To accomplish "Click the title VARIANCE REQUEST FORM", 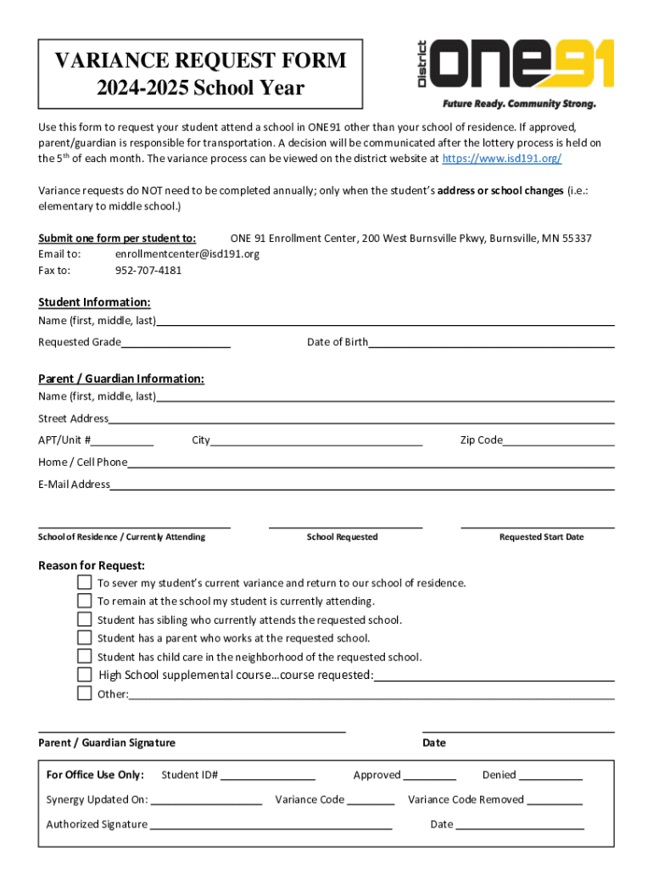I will (200, 61).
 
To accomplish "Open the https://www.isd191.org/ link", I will (502, 159).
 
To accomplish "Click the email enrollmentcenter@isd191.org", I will (187, 254).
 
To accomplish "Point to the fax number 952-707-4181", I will (148, 271).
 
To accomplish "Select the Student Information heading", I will (94, 303).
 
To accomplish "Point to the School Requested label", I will (342, 537).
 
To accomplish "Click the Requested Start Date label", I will (541, 537).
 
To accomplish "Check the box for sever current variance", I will (84, 583).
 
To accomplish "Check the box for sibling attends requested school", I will (84, 620).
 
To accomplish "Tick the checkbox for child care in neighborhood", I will (84, 656).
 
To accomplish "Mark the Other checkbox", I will (84, 693).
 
